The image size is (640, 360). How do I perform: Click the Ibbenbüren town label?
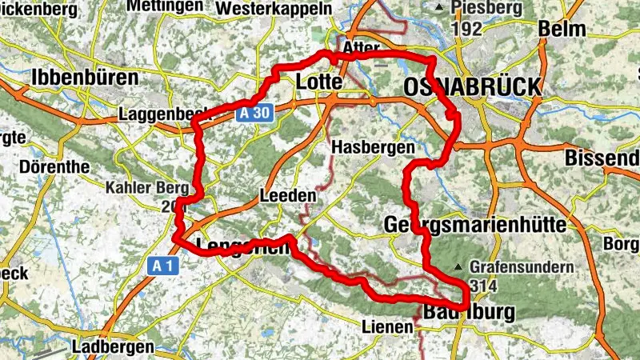84,77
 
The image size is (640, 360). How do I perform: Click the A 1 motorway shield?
164,265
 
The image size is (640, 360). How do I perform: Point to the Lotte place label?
319,82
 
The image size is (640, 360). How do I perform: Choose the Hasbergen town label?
372,148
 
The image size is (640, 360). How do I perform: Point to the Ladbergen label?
112,347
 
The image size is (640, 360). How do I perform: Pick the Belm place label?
562,29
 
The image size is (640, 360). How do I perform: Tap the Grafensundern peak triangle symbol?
458,266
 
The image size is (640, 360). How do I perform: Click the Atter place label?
360,49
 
